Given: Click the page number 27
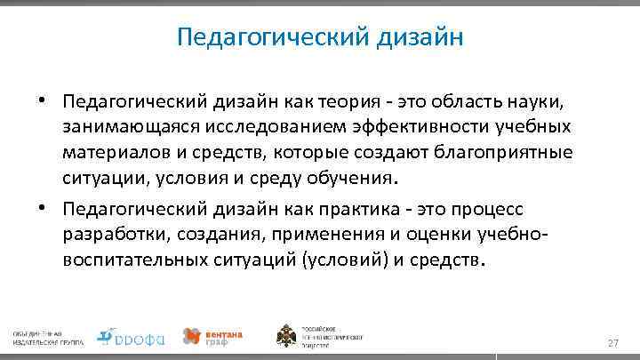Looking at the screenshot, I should pyautogui.click(x=612, y=343).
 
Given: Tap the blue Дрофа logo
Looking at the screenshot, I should pyautogui.click(x=131, y=335).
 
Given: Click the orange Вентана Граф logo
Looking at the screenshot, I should pyautogui.click(x=213, y=335).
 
